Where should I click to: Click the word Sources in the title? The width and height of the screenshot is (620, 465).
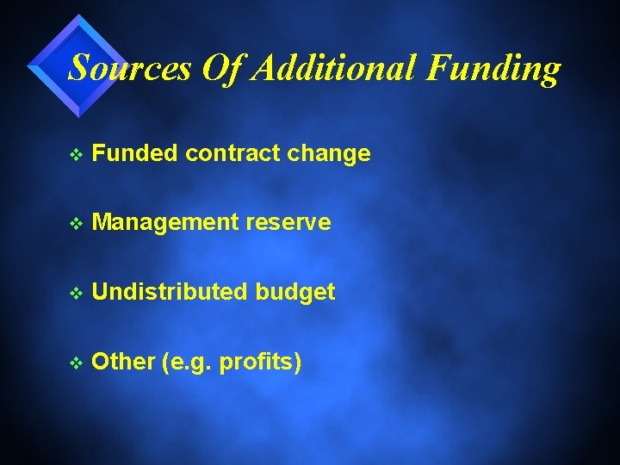coord(129,68)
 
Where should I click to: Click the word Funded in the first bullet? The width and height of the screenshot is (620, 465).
coord(135,154)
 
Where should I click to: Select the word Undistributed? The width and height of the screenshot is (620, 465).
coord(170,293)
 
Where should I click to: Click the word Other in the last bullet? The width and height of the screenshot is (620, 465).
coord(122,362)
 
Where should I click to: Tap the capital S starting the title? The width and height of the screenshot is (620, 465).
coord(79,68)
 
